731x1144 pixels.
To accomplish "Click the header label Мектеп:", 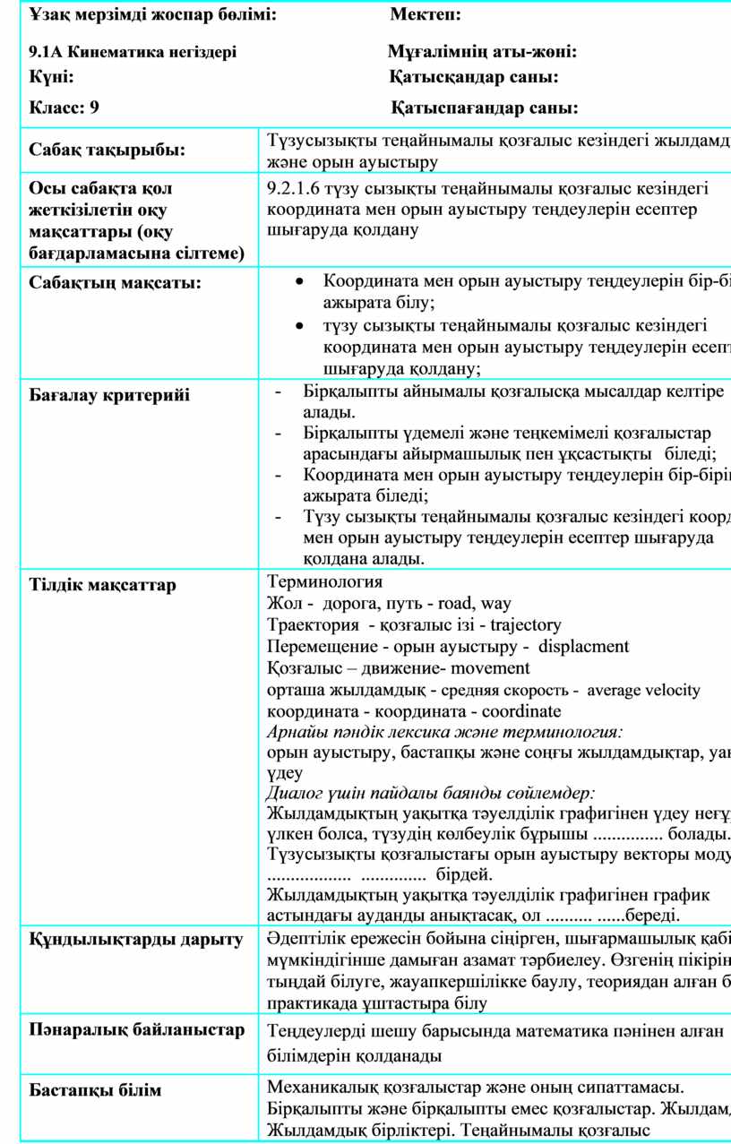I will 426,15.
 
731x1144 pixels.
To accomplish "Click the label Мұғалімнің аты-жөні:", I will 481,52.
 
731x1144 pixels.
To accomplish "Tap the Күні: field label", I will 53,78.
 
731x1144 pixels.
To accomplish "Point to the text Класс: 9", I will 64,108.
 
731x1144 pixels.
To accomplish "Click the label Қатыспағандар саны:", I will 484,108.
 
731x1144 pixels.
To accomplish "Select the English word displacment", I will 585,647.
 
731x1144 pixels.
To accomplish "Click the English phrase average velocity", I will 644,690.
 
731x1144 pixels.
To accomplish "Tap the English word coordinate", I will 521,712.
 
